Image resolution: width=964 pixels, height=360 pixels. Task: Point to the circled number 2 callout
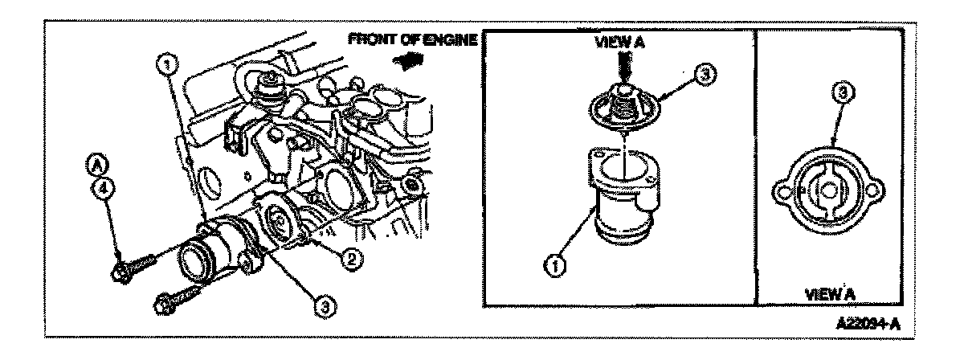click(351, 260)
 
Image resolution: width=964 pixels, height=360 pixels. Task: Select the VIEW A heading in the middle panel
click(620, 46)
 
